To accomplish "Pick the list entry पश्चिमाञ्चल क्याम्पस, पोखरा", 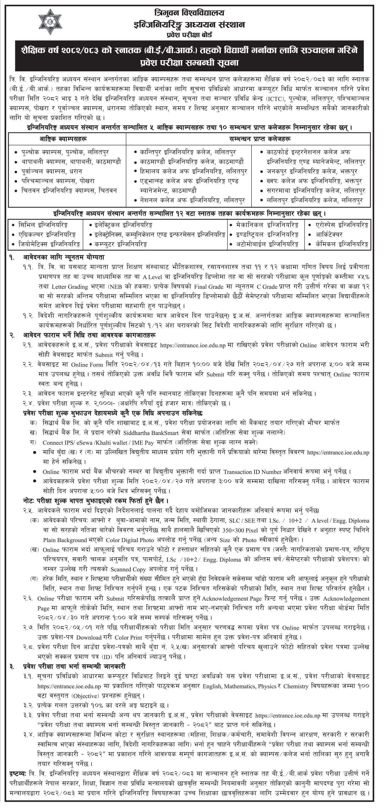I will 58,181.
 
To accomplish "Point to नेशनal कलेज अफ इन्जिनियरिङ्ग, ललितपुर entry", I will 192,200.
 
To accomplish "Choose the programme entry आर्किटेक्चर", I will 329,234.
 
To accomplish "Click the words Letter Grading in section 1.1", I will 70,286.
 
